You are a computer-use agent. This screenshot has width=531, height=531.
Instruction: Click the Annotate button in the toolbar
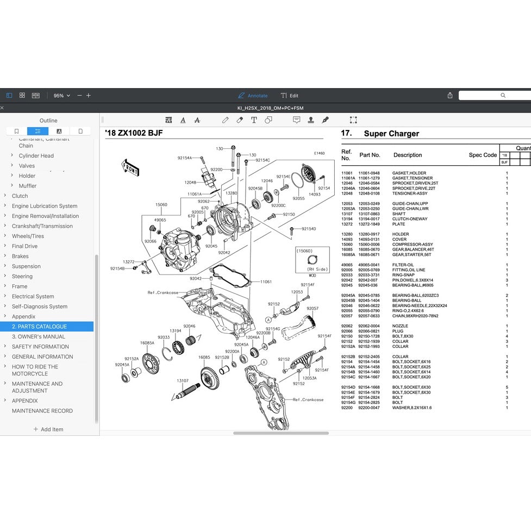pos(253,96)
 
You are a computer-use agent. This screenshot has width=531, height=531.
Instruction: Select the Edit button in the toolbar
pos(290,96)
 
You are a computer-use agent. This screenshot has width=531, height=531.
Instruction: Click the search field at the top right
pos(495,96)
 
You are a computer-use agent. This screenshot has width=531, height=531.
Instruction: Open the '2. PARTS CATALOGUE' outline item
pos(40,327)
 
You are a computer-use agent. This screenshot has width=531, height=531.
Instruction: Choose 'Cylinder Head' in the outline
pos(36,156)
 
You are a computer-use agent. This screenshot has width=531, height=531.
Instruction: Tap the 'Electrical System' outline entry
pos(33,297)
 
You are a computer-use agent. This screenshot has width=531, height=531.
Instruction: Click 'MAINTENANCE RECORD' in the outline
pos(42,411)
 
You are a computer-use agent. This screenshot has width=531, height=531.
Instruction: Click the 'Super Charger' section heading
pos(391,134)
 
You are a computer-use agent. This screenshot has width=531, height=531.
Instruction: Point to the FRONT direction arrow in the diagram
pos(131,167)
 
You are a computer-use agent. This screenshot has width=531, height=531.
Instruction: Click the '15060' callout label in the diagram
pos(161,205)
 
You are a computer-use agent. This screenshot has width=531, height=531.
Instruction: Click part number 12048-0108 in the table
pos(369,193)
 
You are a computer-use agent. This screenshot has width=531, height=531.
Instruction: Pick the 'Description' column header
pos(408,155)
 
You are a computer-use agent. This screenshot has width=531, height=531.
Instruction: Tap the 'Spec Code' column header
pos(483,155)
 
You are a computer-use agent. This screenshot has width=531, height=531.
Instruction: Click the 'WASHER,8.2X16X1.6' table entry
pos(412,408)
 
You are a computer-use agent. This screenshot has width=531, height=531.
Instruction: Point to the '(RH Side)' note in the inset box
pos(317,269)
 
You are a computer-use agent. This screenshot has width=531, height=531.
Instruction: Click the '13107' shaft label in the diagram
pos(183,381)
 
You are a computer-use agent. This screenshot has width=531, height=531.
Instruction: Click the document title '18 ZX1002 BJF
pos(134,133)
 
